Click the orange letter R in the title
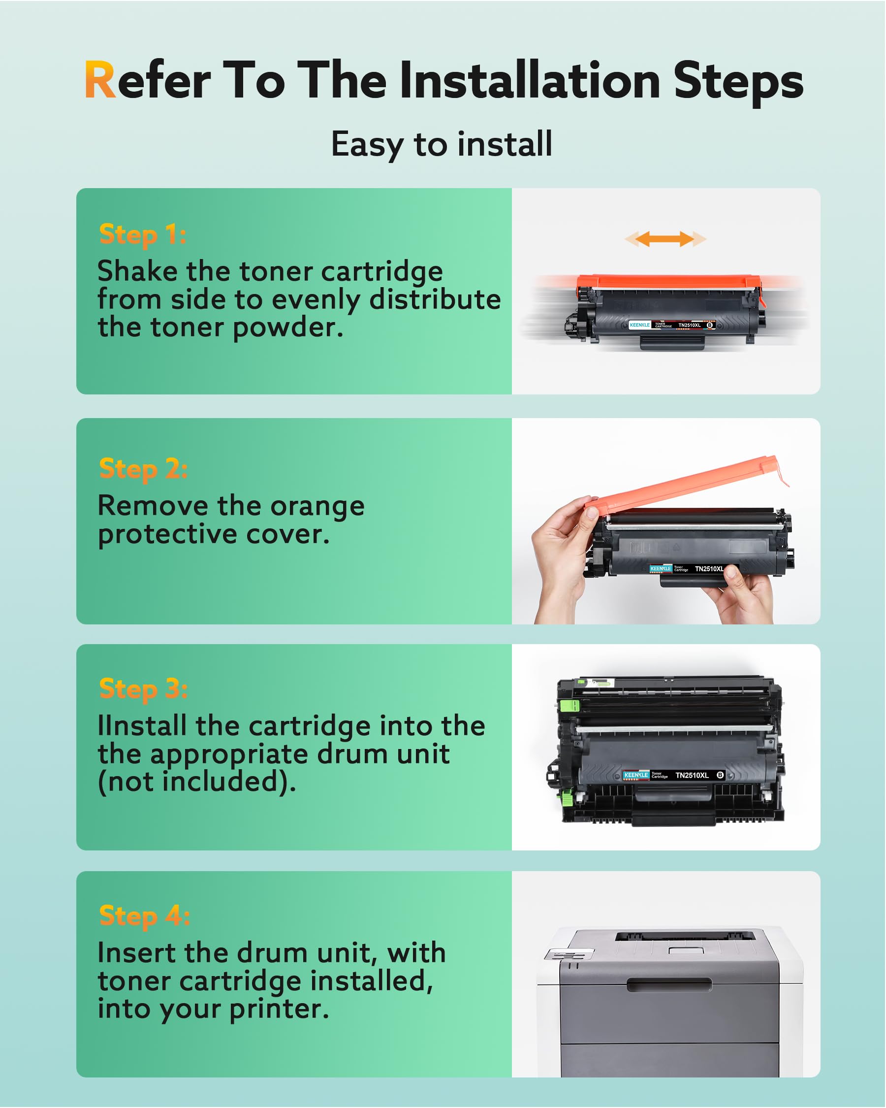point(99,80)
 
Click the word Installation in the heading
point(530,81)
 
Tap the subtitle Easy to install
point(442,144)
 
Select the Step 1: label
point(142,235)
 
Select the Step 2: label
point(143,469)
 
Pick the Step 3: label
point(143,689)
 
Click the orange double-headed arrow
point(665,239)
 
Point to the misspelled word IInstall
point(142,726)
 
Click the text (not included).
point(197,782)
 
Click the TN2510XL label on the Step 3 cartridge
point(692,776)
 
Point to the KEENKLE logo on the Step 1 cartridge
point(640,326)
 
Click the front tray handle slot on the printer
point(669,985)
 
